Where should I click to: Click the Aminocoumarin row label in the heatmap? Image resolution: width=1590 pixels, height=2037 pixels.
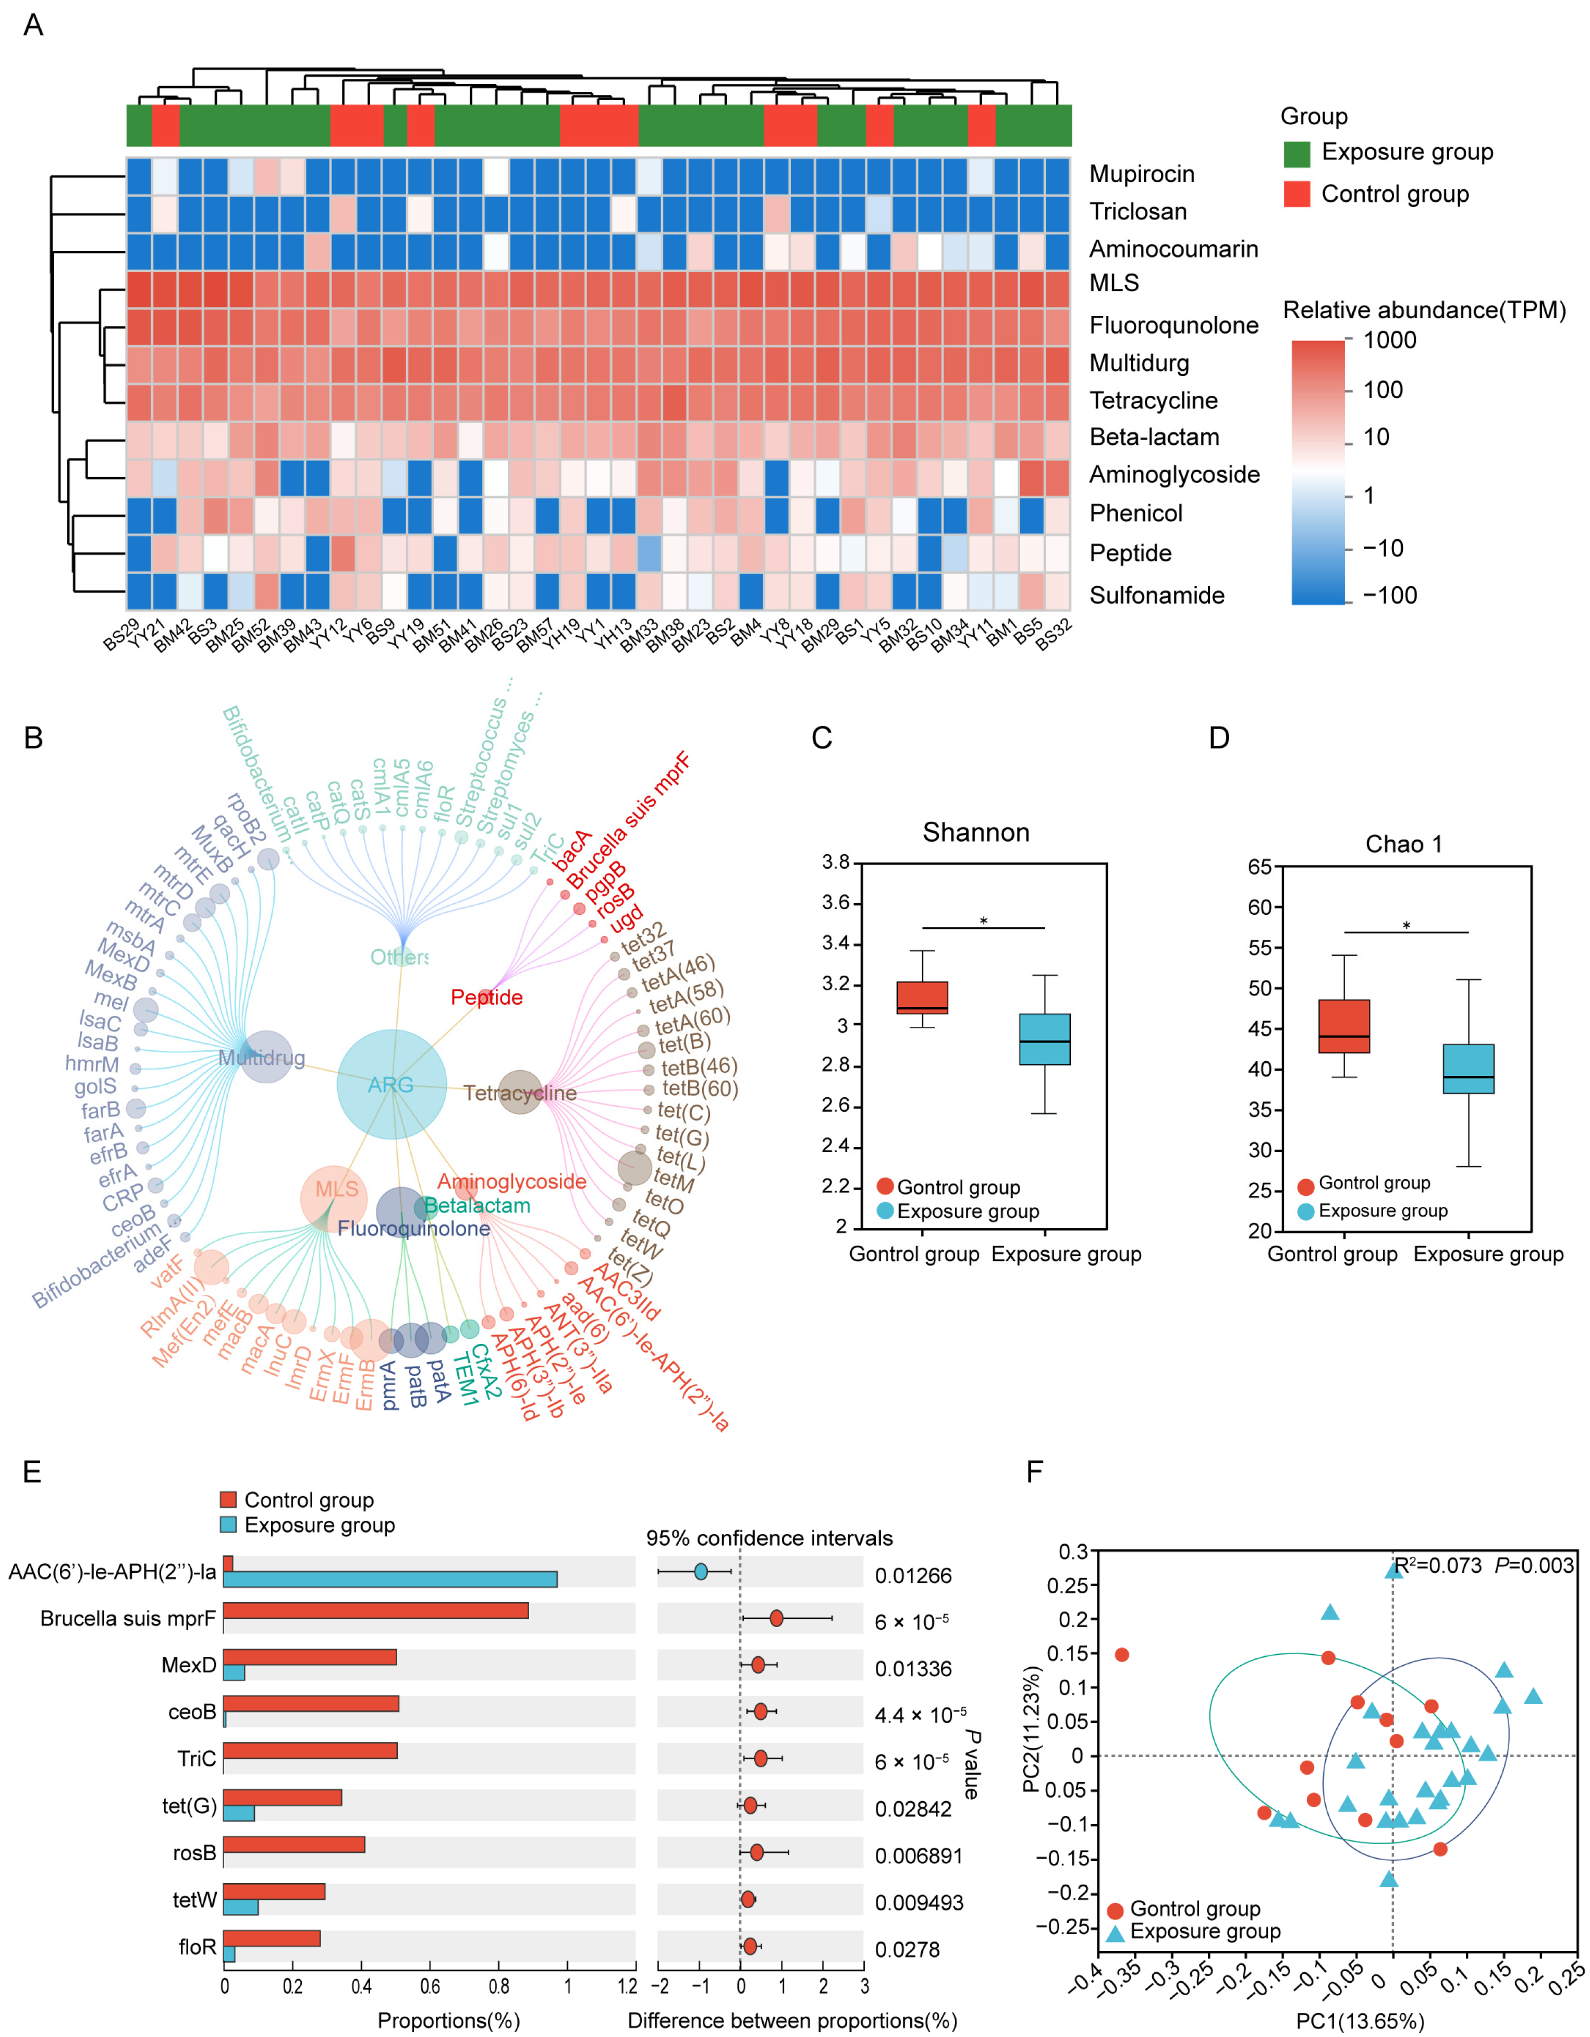pyautogui.click(x=1173, y=249)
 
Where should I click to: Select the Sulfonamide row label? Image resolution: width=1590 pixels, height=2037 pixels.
pyautogui.click(x=1156, y=595)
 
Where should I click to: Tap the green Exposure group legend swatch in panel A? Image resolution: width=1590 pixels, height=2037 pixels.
pyautogui.click(x=1297, y=153)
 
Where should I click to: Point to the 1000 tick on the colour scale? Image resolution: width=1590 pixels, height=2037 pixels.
pyautogui.click(x=1389, y=341)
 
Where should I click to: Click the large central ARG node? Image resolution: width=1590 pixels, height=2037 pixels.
pyautogui.click(x=391, y=1084)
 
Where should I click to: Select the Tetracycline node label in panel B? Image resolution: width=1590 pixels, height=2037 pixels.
pyautogui.click(x=519, y=1093)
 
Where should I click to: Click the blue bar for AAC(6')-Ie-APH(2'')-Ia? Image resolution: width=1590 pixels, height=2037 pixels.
pyautogui.click(x=390, y=1579)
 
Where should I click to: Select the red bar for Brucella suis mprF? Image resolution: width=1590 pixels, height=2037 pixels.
pyautogui.click(x=376, y=1611)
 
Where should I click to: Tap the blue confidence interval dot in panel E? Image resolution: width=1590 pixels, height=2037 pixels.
pyautogui.click(x=700, y=1572)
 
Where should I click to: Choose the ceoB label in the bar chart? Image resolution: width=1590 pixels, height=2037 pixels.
pyautogui.click(x=192, y=1712)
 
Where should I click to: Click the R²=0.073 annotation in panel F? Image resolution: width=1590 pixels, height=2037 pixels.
pyautogui.click(x=1437, y=1565)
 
